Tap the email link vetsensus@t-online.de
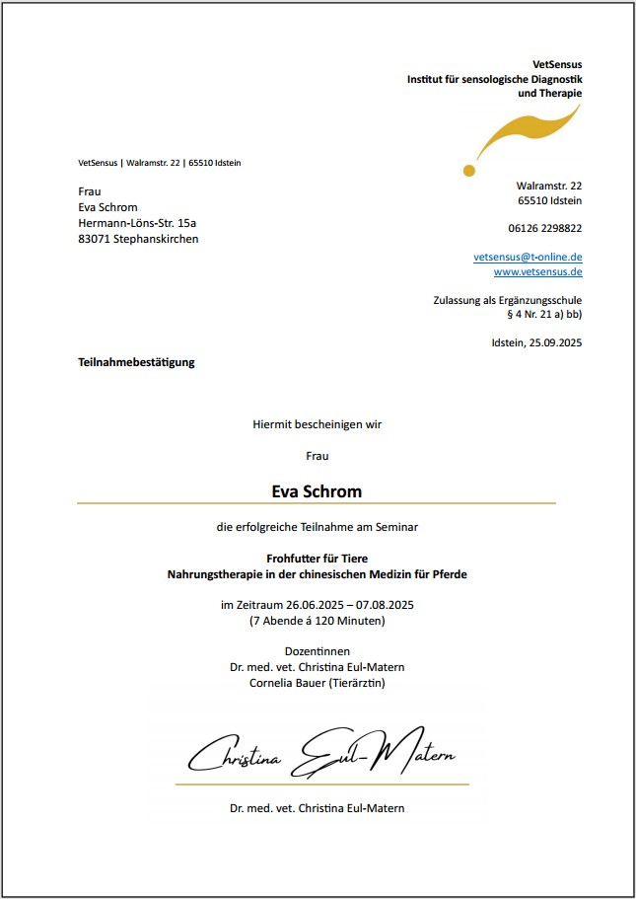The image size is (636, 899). point(528,257)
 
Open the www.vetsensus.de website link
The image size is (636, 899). point(537,271)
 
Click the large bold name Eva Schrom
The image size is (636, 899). point(317,490)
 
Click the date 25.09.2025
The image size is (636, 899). point(555,343)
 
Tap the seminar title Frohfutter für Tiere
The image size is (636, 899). point(317,559)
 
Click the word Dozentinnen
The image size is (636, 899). point(317,651)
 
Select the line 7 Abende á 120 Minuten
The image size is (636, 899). point(317,621)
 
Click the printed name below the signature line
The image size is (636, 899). point(317,808)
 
